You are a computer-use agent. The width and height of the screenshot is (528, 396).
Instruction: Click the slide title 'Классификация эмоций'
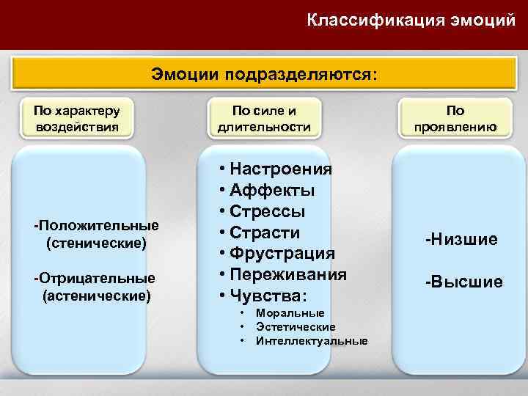tap(411, 20)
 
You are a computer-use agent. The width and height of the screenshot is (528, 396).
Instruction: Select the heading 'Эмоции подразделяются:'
tap(265, 74)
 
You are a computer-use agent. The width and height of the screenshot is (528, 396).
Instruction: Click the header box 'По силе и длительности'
tap(264, 119)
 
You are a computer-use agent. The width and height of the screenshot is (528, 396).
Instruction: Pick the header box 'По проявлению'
tap(455, 119)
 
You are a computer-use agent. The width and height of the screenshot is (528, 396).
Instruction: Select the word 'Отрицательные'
tap(98, 279)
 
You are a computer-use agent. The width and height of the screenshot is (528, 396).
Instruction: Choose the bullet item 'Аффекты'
tap(272, 191)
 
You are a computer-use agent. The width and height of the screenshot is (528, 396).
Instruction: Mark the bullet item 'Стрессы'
tap(268, 212)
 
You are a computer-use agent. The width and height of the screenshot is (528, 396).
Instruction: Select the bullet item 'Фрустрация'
tap(282, 254)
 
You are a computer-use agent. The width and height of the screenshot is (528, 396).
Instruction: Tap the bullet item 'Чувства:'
tap(268, 296)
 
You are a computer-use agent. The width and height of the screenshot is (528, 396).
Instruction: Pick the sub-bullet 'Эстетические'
tap(296, 327)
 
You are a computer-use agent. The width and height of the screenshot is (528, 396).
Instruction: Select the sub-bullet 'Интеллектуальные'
tap(312, 341)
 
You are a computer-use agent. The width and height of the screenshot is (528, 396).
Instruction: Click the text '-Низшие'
tap(461, 239)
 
